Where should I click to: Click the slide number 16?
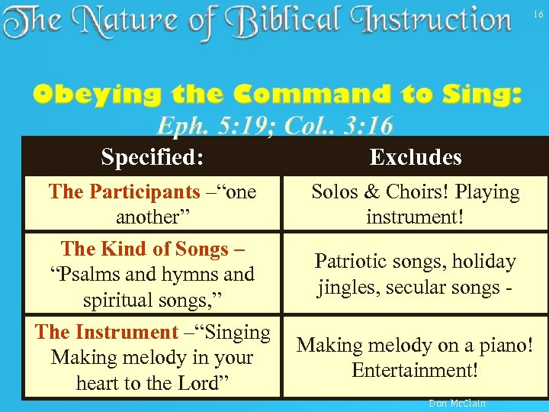click(x=537, y=14)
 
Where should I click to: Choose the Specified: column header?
click(x=152, y=157)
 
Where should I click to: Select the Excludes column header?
click(x=416, y=157)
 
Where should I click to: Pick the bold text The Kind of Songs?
click(x=144, y=249)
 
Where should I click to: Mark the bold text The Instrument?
click(x=106, y=332)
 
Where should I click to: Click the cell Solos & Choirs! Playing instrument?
click(x=416, y=204)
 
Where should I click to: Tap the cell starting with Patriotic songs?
click(x=416, y=275)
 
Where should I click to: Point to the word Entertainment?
click(x=416, y=370)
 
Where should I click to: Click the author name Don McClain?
click(x=457, y=403)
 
